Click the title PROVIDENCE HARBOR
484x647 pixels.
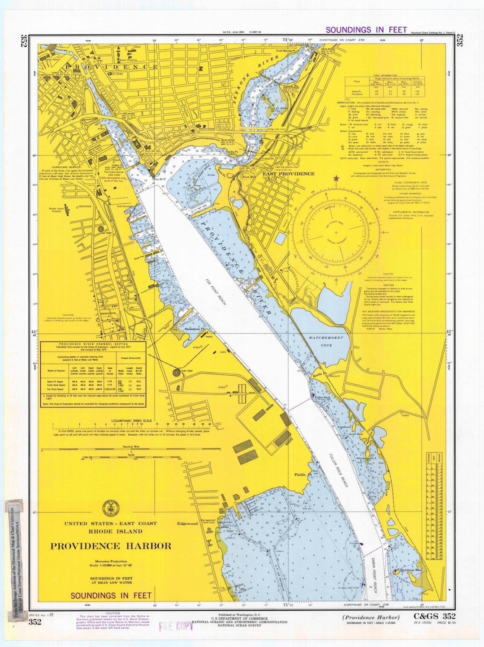(110, 546)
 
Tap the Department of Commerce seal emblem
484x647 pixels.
(110, 507)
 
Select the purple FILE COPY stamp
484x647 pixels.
(176, 626)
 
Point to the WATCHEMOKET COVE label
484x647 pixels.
(326, 341)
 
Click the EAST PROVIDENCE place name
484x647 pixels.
(288, 174)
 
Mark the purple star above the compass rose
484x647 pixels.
(336, 179)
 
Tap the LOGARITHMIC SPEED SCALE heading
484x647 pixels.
(131, 421)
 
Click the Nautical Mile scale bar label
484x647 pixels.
(131, 446)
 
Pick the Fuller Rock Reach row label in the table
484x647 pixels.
(55, 385)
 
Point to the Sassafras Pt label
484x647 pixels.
(194, 329)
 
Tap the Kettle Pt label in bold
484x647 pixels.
(320, 373)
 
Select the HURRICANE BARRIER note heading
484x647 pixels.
(66, 167)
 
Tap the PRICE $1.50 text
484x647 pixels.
(447, 623)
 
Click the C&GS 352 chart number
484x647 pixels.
(434, 617)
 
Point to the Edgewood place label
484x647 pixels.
(187, 523)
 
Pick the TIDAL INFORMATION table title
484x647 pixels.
(385, 76)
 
